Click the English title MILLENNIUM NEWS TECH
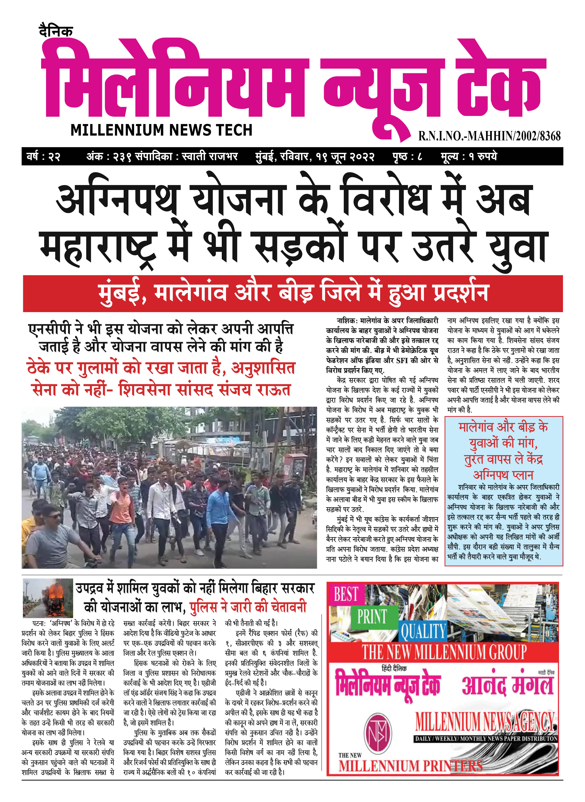click(161, 130)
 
